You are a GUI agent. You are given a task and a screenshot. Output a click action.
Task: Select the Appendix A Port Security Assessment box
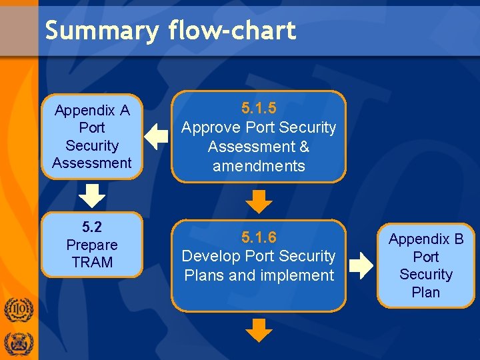coord(92,137)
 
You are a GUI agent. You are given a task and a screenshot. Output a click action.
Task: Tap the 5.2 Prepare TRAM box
coord(92,245)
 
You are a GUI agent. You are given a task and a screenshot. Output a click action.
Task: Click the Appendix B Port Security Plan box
coord(426,265)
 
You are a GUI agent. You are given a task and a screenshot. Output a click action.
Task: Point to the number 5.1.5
coord(259,108)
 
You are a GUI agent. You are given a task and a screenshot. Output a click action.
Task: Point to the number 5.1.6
coord(259,237)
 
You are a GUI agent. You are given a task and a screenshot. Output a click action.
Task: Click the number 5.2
coord(92,227)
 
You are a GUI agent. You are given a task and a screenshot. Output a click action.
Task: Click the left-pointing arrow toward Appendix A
coord(157,136)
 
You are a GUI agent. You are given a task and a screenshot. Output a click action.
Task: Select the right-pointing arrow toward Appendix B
coord(362,265)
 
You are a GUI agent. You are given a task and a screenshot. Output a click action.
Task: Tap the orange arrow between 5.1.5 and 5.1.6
coord(259,201)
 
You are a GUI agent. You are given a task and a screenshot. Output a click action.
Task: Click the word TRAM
coord(92,263)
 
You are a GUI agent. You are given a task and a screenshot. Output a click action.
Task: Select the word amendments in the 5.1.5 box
coord(259,166)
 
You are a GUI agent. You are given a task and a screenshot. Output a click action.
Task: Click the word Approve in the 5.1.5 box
coord(211,127)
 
